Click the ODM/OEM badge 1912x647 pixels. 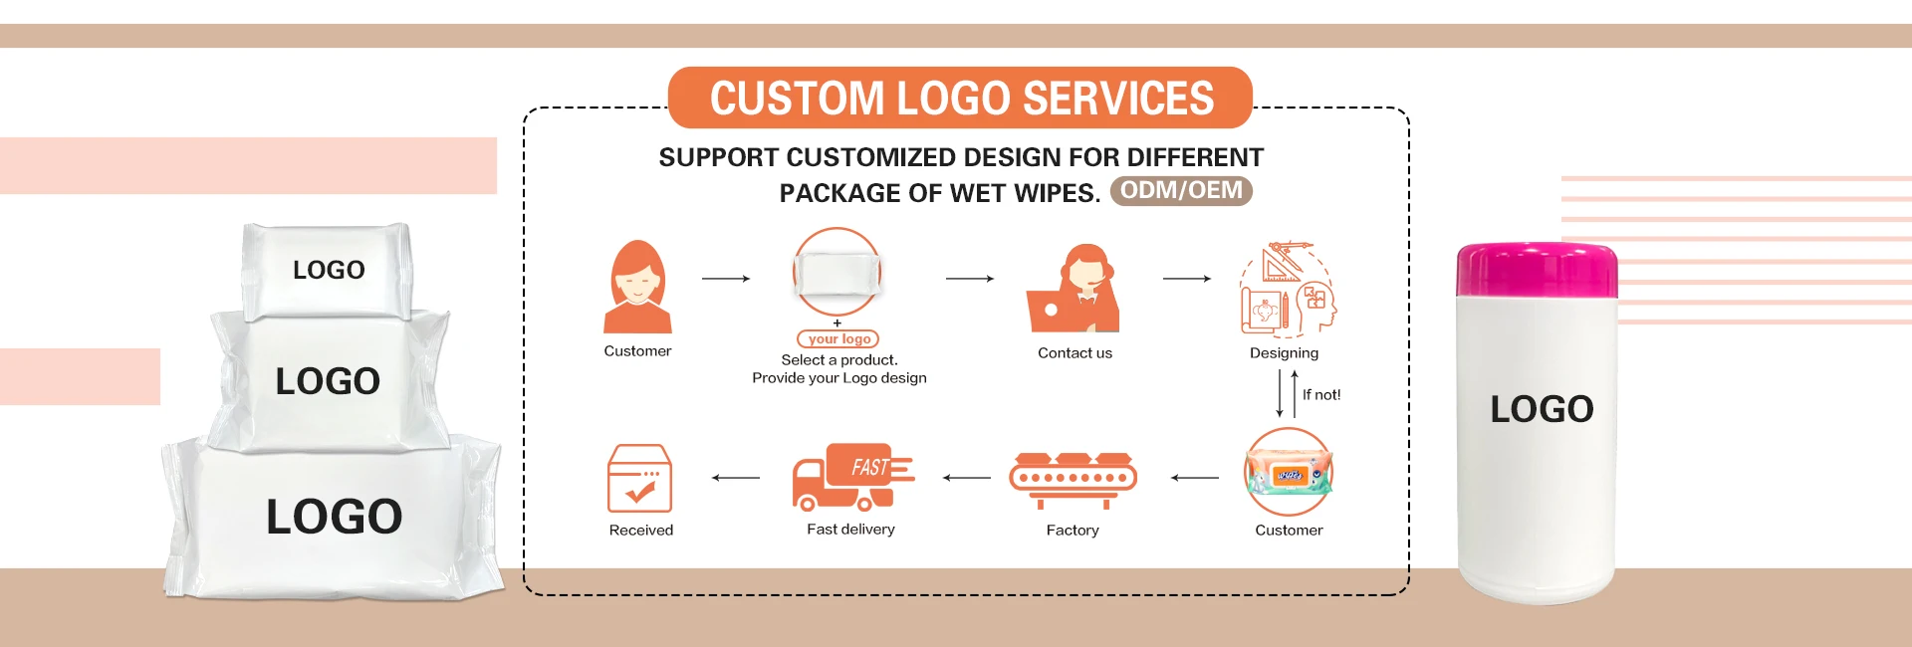click(x=1181, y=191)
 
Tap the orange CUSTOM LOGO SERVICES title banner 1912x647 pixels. click(x=960, y=98)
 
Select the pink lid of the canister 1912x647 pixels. click(x=1537, y=270)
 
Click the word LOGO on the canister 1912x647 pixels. click(x=1542, y=409)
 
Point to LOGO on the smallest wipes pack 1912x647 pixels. click(x=329, y=270)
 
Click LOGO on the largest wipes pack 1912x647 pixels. click(x=335, y=517)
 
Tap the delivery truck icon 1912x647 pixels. click(x=852, y=477)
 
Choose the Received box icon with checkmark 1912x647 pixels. click(x=639, y=478)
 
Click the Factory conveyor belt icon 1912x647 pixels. click(x=1073, y=479)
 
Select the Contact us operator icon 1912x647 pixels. click(x=1075, y=290)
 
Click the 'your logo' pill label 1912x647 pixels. click(x=838, y=339)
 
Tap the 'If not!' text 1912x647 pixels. click(x=1321, y=395)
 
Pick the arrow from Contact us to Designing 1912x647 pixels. click(x=1186, y=279)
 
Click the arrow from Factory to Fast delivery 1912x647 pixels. click(x=966, y=478)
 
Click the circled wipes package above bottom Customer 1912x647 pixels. click(x=1289, y=473)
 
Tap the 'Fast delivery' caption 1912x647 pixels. click(x=850, y=530)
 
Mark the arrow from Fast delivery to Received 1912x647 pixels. click(x=735, y=478)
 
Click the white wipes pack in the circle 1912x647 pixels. click(x=837, y=272)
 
